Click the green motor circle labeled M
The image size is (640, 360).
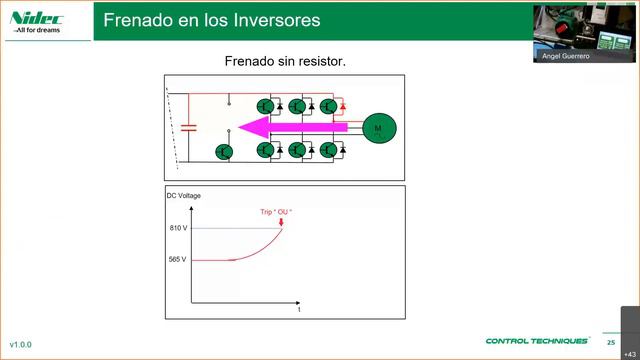379,127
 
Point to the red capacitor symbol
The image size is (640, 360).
189,127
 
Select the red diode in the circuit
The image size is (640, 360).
343,105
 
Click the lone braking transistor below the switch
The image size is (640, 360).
224,151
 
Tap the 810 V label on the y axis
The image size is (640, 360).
178,229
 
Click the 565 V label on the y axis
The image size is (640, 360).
178,260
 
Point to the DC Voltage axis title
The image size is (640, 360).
184,196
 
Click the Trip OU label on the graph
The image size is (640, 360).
276,211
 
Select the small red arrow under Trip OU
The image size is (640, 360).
281,221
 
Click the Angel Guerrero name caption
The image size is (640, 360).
565,57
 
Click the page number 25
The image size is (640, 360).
610,342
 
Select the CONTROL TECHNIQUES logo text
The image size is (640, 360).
537,341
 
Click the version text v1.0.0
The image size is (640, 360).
21,344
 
